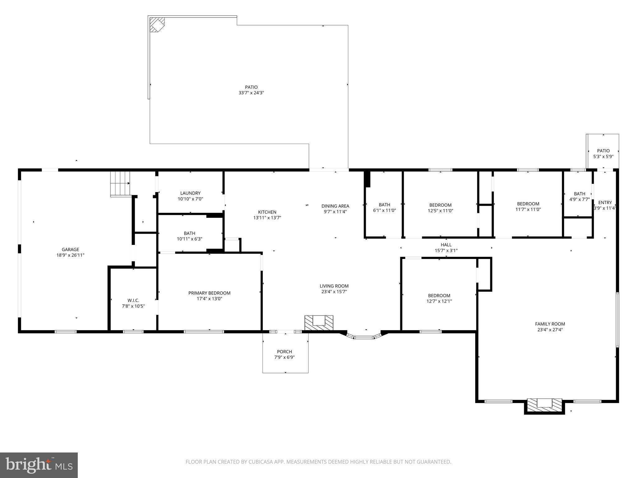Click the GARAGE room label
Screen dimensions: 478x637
[x=70, y=249]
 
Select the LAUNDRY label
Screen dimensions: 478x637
[x=190, y=193]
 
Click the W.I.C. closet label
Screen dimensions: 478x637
[x=133, y=300]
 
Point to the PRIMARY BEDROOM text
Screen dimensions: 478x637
[x=209, y=293]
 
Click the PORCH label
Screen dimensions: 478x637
[x=284, y=352]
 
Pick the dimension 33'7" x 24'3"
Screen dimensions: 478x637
[x=251, y=93]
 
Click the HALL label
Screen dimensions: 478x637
[x=446, y=245]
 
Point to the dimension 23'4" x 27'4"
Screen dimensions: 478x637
[x=550, y=330]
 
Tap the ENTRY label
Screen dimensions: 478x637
[x=605, y=202]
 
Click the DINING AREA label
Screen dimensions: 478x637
[x=335, y=206]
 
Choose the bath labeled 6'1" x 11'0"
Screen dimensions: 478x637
[x=384, y=207]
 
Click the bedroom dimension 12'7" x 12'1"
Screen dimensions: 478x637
[x=439, y=301]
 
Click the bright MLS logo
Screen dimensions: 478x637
[x=39, y=465]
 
